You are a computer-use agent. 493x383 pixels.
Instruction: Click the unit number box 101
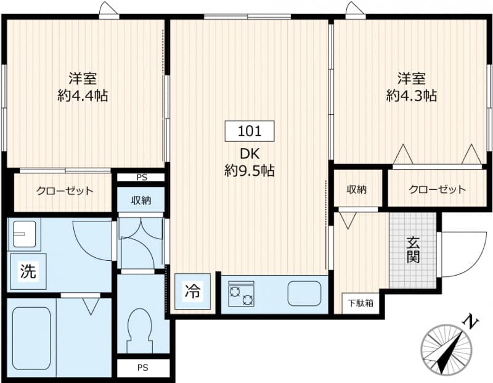(249, 131)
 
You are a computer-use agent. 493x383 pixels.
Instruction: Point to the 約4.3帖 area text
(412, 96)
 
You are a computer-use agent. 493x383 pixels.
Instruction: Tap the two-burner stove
(241, 294)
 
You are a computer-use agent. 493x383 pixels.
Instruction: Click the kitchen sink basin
(304, 294)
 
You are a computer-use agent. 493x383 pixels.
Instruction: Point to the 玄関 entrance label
(413, 250)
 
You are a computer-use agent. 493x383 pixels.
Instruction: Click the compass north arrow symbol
(450, 348)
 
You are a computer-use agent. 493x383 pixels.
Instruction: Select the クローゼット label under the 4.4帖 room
(64, 191)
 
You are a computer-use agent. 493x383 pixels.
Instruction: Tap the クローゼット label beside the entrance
(437, 189)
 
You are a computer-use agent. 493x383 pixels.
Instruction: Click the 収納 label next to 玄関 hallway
(356, 189)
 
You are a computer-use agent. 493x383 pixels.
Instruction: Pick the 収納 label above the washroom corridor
(142, 200)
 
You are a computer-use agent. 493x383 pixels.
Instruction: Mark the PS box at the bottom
(142, 368)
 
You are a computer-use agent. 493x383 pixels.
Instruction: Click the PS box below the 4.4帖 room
(142, 177)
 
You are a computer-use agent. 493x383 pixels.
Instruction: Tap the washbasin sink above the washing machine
(23, 234)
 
